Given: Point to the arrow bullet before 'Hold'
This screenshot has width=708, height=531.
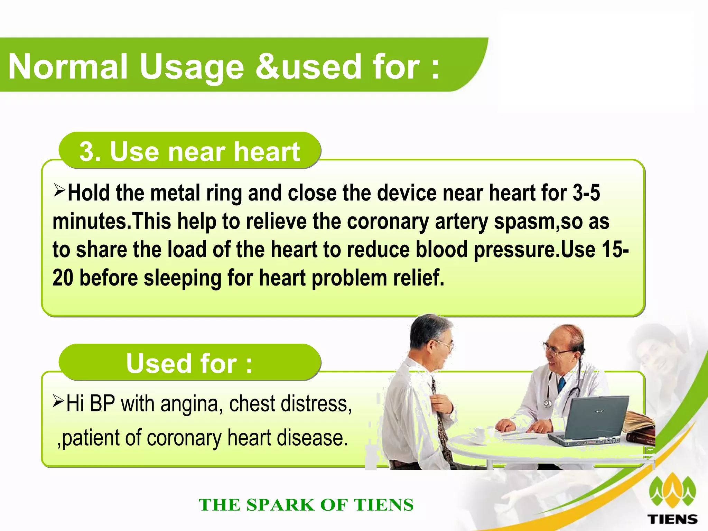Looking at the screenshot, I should [x=59, y=190].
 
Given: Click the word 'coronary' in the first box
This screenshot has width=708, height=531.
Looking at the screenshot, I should [x=388, y=221].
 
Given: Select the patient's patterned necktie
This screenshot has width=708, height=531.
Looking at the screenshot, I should [x=441, y=425].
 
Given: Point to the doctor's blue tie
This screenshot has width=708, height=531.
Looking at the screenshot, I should [x=561, y=384].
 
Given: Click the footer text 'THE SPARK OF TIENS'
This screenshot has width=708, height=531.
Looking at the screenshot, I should [x=306, y=505].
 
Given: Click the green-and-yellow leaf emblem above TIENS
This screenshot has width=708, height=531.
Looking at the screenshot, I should [x=672, y=491].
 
